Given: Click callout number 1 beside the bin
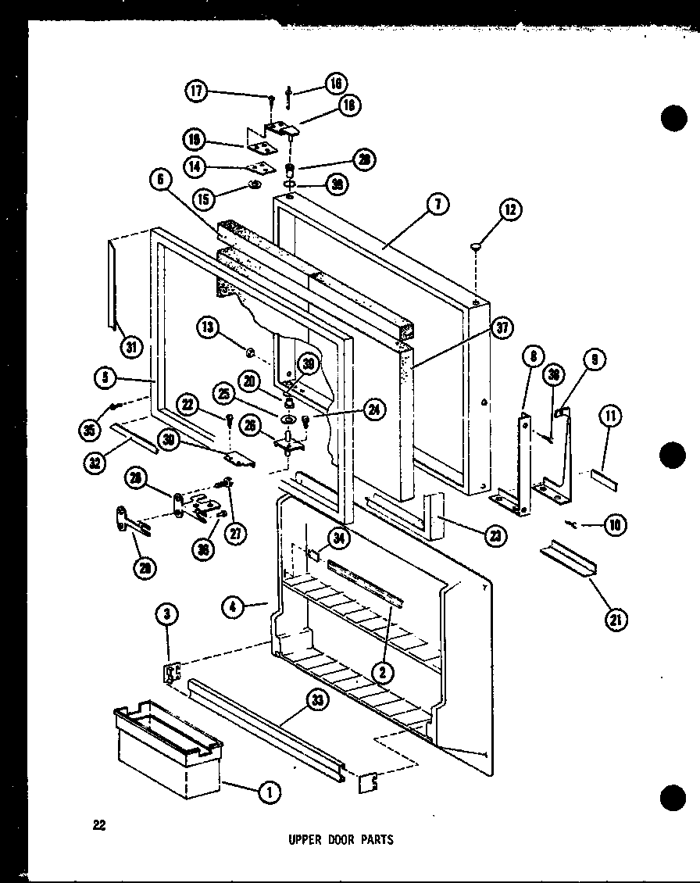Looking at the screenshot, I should (268, 792).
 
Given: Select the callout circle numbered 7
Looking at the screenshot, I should (437, 204).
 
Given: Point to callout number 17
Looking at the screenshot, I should (196, 91).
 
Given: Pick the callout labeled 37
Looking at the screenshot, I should (503, 328).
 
